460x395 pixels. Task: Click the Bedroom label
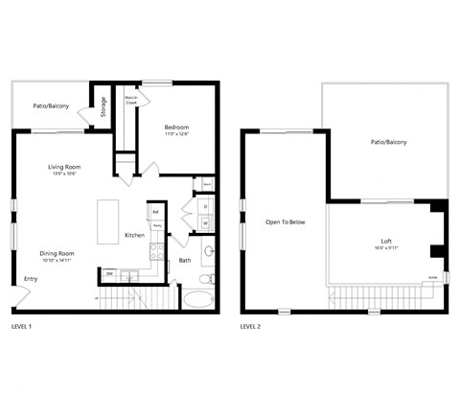[176, 128]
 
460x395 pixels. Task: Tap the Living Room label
[64, 168]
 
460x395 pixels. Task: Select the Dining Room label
[58, 253]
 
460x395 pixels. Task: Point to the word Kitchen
[134, 236]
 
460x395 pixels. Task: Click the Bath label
[184, 260]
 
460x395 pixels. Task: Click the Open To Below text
[286, 222]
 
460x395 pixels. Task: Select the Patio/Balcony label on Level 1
[51, 105]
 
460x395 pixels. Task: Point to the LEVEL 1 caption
[22, 327]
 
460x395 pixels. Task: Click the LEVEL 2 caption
[250, 327]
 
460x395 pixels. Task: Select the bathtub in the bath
[198, 298]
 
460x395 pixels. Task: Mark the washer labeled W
[205, 223]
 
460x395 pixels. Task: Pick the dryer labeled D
[205, 206]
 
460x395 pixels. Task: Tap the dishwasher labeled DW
[110, 274]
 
